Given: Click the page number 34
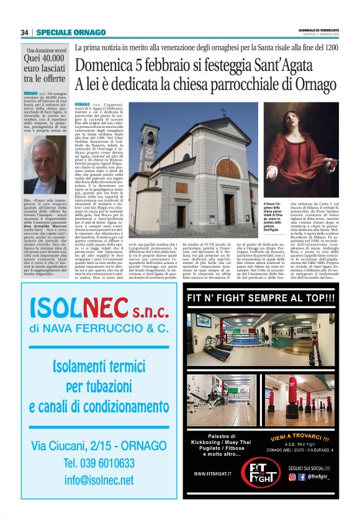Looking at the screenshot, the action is click(25, 32).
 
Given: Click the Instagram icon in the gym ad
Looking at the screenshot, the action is click(292, 477).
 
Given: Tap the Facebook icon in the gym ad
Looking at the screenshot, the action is click(302, 477).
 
